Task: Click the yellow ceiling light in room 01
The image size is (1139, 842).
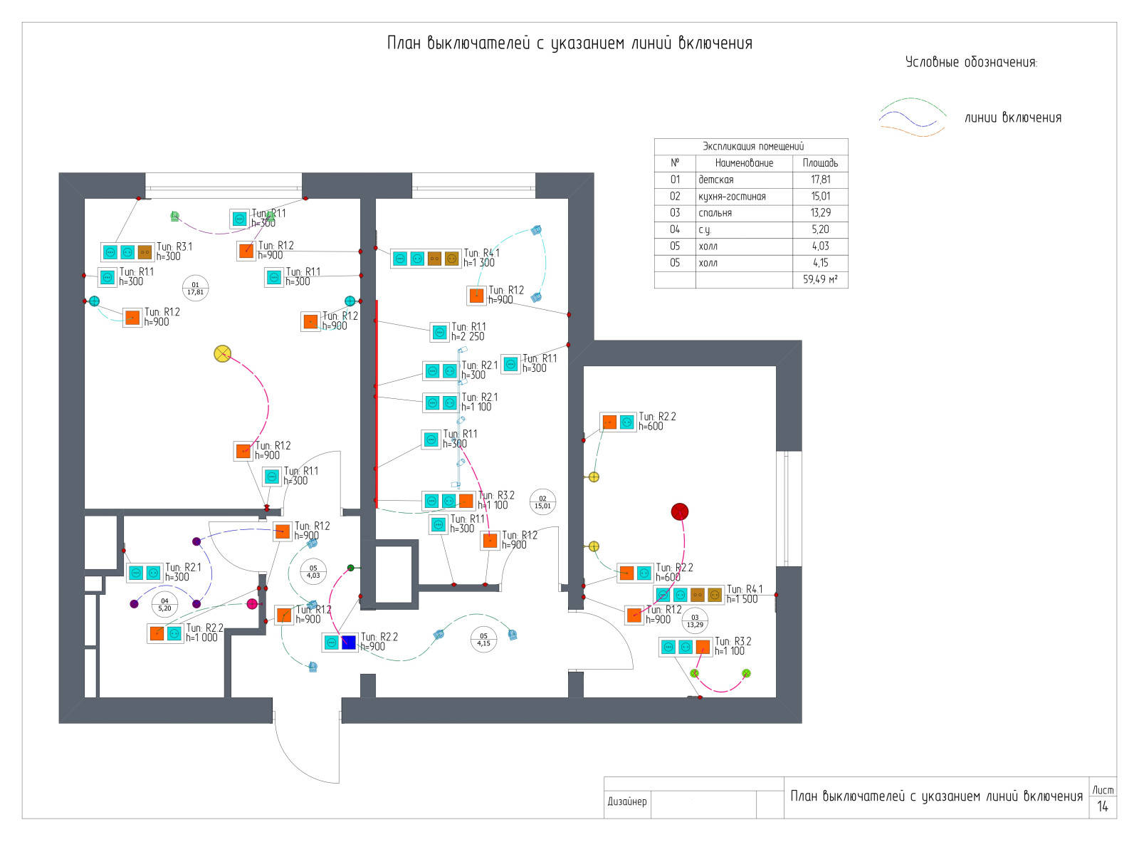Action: click(x=223, y=353)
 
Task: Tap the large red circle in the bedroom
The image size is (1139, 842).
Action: click(x=680, y=511)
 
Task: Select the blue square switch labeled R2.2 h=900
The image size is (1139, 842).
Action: click(x=349, y=642)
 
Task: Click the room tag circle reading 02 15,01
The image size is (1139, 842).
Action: click(x=542, y=502)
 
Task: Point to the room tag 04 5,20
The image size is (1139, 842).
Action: click(x=164, y=605)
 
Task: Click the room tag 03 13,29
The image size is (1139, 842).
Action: click(x=695, y=621)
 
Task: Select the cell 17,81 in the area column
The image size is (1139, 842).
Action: click(x=820, y=180)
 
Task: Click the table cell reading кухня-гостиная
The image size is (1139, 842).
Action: click(x=732, y=197)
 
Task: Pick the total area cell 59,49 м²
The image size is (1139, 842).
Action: click(x=820, y=279)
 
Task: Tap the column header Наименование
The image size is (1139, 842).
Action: click(x=744, y=163)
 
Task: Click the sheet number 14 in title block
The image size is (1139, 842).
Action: click(x=1103, y=806)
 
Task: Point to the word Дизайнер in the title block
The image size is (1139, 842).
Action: click(x=627, y=801)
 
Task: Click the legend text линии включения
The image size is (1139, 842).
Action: click(x=1012, y=118)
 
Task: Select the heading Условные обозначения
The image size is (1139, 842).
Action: click(x=971, y=63)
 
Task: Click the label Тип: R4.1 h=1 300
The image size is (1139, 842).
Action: click(x=481, y=258)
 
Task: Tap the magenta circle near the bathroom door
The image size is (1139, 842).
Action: click(x=252, y=604)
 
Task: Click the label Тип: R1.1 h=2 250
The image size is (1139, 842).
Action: click(x=468, y=332)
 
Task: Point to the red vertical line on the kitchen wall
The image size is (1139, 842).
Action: click(x=376, y=399)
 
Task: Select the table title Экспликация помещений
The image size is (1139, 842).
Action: click(x=752, y=147)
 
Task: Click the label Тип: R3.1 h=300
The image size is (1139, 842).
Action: click(x=174, y=251)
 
